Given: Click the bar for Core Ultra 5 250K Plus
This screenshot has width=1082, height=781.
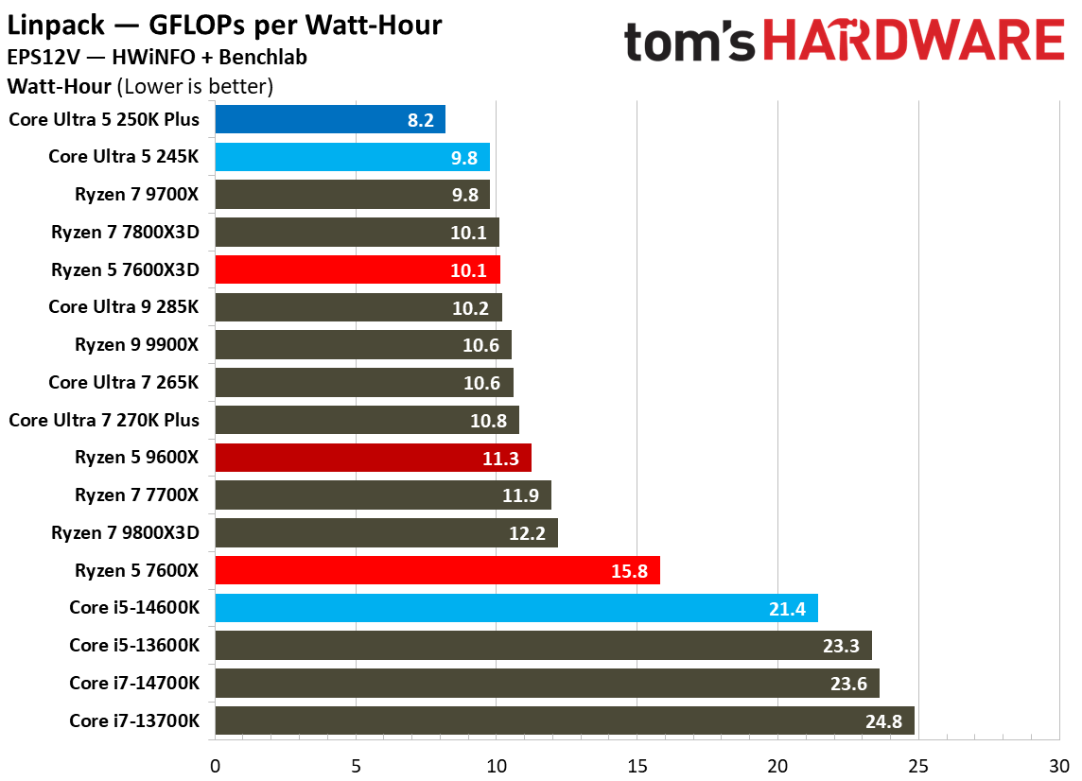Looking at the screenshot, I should click(x=330, y=119).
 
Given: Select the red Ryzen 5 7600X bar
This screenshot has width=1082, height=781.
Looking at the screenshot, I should click(x=437, y=570).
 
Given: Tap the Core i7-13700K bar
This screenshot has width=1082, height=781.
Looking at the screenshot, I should click(x=564, y=720).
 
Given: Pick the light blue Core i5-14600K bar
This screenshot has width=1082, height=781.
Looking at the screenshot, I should click(x=515, y=608).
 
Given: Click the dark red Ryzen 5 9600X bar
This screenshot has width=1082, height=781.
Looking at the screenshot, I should click(x=373, y=458).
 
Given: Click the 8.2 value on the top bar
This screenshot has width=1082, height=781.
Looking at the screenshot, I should click(x=420, y=120).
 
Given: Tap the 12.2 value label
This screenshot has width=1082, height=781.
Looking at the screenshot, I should click(x=527, y=533).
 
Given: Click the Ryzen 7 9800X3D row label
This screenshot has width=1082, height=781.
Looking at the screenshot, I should click(x=126, y=532).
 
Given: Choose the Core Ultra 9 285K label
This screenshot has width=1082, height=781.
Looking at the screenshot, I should click(x=124, y=307).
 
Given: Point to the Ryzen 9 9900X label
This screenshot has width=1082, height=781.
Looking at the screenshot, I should click(x=137, y=345).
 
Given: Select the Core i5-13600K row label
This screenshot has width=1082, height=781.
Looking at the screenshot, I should click(x=134, y=646).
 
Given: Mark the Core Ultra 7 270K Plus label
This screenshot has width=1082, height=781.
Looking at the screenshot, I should click(x=104, y=420).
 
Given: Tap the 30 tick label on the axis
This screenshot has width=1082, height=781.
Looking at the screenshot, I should click(x=1058, y=764).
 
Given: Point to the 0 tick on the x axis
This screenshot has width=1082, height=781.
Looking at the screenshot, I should click(x=216, y=764).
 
